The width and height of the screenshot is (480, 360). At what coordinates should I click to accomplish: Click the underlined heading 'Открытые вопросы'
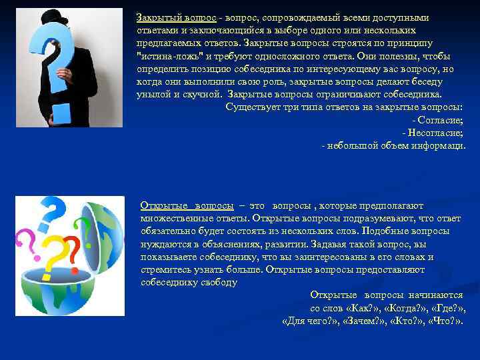(187, 206)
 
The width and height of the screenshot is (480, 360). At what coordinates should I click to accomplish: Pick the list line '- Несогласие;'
(435, 133)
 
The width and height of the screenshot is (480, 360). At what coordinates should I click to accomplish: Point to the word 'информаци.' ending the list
(442, 145)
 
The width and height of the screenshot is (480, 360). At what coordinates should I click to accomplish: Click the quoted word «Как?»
(364, 308)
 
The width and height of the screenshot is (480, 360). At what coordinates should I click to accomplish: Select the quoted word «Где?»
(449, 308)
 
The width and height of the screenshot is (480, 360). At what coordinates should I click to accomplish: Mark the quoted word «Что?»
(445, 321)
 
